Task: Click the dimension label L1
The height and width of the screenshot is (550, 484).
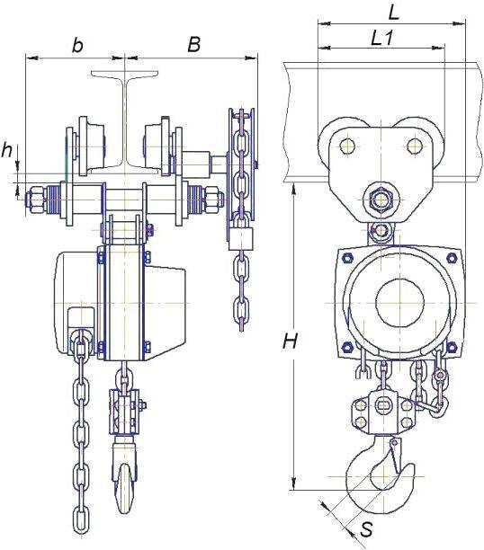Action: [x=381, y=38]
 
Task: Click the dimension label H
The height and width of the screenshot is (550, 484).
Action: [x=290, y=341]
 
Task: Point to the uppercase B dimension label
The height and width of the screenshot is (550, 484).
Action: [x=193, y=45]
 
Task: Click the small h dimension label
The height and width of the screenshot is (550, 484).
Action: [x=6, y=150]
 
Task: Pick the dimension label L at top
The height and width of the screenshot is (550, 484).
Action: [x=394, y=13]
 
